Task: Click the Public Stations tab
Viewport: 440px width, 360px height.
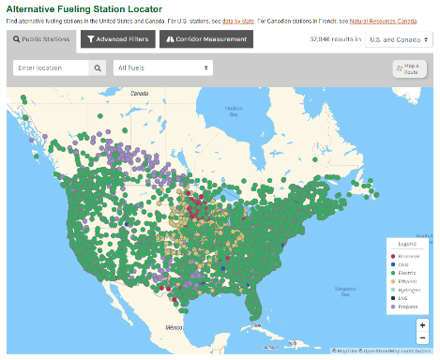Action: pos(41,39)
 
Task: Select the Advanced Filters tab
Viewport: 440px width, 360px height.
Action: pos(116,39)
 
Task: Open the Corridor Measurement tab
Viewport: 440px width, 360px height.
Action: pos(206,39)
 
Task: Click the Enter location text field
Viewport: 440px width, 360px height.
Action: pos(52,68)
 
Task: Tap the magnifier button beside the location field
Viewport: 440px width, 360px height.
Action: pos(99,68)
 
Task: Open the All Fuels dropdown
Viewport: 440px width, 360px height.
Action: pos(162,68)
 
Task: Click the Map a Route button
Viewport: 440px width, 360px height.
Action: pos(409,68)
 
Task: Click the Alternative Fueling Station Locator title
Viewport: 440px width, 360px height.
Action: pos(83,7)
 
